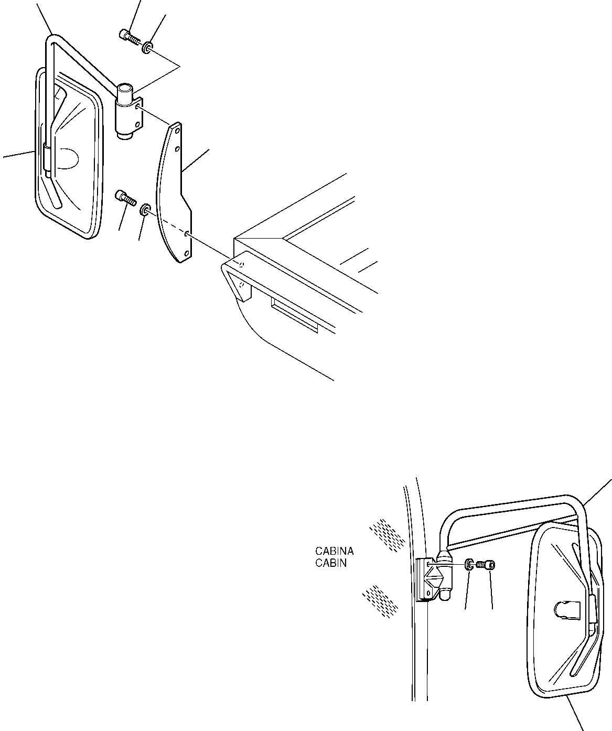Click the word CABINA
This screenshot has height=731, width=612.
[334, 551]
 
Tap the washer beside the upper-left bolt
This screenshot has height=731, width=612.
[148, 49]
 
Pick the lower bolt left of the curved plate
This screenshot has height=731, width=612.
[125, 198]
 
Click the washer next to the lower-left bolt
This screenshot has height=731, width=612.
[144, 211]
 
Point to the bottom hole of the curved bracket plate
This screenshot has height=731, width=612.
[187, 255]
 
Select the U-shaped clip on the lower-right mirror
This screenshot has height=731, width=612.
[564, 610]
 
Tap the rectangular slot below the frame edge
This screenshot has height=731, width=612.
[294, 314]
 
